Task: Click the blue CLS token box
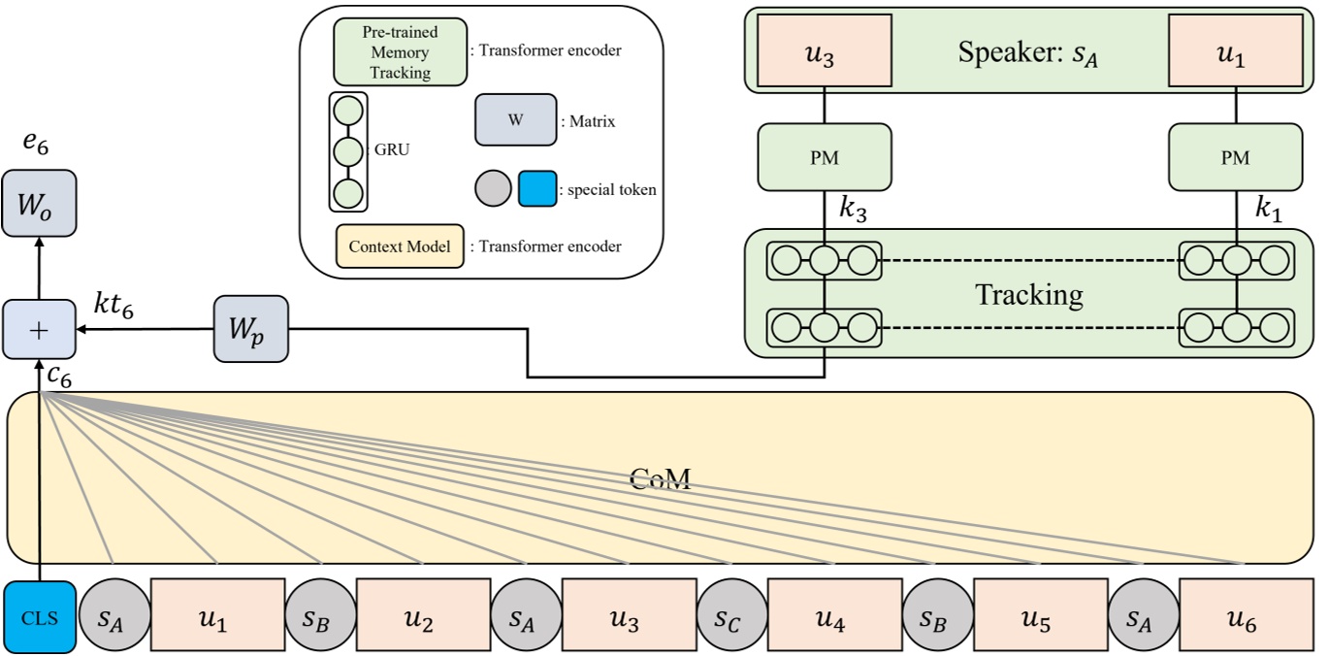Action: [39, 618]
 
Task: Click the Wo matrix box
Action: [39, 203]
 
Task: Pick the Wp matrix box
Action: [250, 329]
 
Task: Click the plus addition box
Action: [39, 330]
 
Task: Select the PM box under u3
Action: [824, 156]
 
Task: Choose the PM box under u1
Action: [1235, 156]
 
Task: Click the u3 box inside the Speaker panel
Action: [824, 51]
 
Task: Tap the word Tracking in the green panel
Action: [1028, 294]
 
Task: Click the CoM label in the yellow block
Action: [660, 477]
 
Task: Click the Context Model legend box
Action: [400, 246]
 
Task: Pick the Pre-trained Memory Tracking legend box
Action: [399, 51]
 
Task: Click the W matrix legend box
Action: [515, 120]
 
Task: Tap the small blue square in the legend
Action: [536, 190]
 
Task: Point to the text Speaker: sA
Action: [1028, 51]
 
